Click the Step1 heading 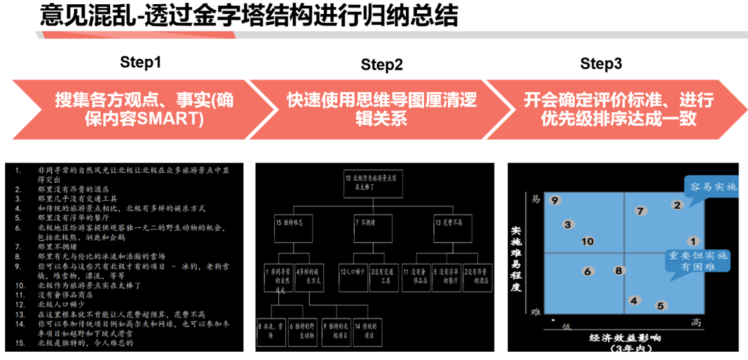click(141, 62)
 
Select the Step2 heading click(382, 65)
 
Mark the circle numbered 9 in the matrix click(554, 201)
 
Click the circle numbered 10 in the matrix click(588, 242)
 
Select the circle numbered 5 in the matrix click(661, 305)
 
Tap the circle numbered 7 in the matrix click(640, 211)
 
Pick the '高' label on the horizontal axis click(697, 323)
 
